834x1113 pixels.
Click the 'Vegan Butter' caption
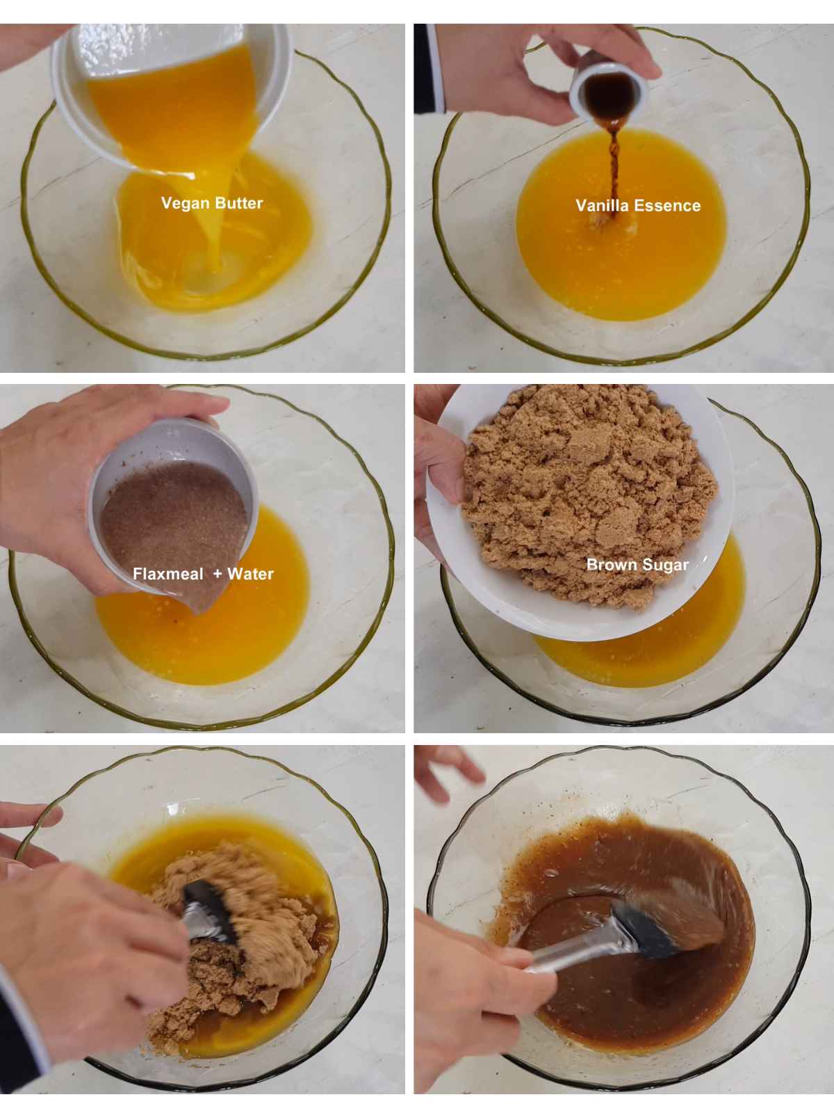[x=212, y=203]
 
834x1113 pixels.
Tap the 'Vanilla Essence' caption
[x=638, y=205]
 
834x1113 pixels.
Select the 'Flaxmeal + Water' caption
[x=203, y=574]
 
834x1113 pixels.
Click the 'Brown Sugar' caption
[x=637, y=564]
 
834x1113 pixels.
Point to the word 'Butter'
[x=238, y=203]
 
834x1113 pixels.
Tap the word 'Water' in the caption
[x=250, y=574]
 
